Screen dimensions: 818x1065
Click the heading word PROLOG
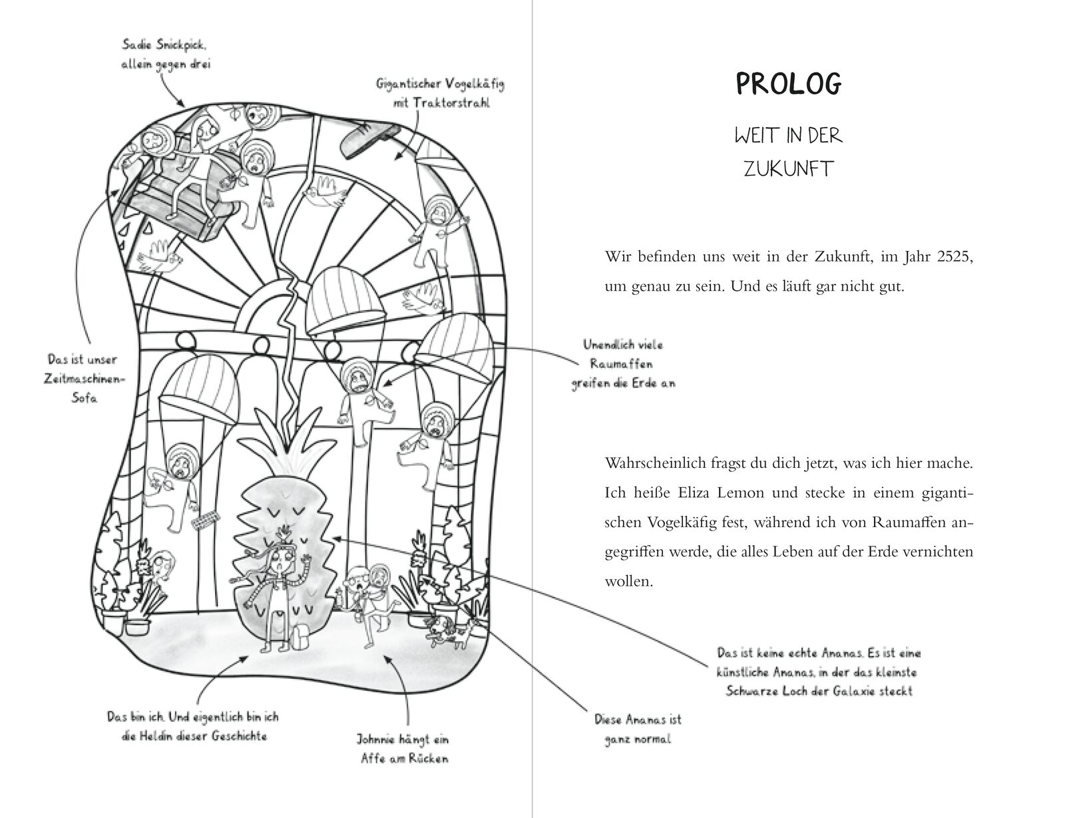click(x=788, y=84)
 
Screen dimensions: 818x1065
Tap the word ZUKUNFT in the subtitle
click(x=788, y=168)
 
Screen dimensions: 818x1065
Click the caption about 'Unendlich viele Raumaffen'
click(x=622, y=364)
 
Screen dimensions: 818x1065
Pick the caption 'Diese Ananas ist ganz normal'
click(x=638, y=729)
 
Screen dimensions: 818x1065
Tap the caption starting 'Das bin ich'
click(x=192, y=726)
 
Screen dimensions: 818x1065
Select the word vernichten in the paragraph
click(x=939, y=552)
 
